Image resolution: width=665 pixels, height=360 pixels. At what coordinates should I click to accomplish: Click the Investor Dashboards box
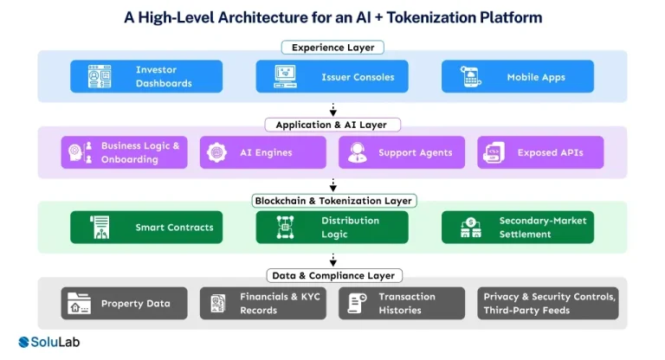146,76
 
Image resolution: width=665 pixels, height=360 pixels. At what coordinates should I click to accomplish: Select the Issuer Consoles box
332,76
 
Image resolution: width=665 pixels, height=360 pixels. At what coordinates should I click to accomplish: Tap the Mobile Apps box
518,76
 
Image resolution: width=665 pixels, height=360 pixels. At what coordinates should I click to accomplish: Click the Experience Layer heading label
332,48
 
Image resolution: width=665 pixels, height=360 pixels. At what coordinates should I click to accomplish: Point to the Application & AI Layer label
332,125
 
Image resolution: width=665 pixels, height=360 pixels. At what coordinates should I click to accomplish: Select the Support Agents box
402,152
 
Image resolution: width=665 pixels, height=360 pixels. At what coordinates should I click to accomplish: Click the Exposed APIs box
540,152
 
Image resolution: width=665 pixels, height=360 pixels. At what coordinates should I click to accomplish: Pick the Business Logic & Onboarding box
125,152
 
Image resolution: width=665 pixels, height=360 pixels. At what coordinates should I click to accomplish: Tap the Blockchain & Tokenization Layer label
332,200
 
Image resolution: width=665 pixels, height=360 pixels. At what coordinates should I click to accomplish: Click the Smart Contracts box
146,228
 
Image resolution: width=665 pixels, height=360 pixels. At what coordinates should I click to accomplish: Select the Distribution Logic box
332,228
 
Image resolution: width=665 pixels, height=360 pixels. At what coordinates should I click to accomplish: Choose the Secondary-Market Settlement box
518,228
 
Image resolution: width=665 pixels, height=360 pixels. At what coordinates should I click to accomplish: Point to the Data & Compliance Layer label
332,275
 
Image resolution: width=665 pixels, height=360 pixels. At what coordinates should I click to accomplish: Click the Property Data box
124,304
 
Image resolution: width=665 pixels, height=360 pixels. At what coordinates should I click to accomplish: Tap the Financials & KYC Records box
263,304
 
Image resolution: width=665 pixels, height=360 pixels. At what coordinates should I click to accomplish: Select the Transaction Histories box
402,304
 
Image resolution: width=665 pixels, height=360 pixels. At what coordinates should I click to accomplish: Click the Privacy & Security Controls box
547,304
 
